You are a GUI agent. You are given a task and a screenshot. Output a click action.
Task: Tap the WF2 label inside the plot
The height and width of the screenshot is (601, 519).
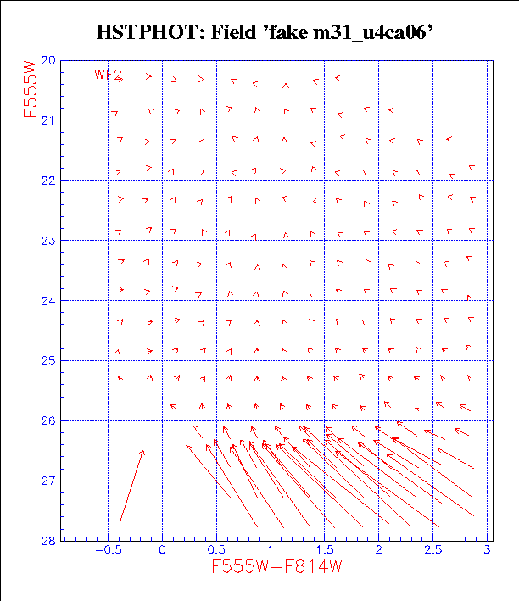click(x=106, y=75)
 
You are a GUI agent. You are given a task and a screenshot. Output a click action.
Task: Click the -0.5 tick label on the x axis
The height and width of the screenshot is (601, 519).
click(x=104, y=550)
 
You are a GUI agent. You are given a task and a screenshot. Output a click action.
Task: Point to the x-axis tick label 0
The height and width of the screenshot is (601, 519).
click(x=162, y=550)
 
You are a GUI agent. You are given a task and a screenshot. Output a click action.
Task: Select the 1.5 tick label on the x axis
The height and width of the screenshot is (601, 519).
click(x=324, y=550)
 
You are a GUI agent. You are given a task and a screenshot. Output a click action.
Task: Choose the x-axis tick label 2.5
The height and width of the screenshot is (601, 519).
click(x=432, y=550)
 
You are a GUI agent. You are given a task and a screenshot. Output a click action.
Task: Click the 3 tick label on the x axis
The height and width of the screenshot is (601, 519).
click(x=487, y=550)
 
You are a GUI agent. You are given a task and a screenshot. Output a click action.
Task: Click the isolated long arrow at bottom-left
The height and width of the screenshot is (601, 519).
click(x=131, y=487)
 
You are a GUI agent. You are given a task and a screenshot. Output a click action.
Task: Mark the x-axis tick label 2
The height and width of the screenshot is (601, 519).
click(x=378, y=550)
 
